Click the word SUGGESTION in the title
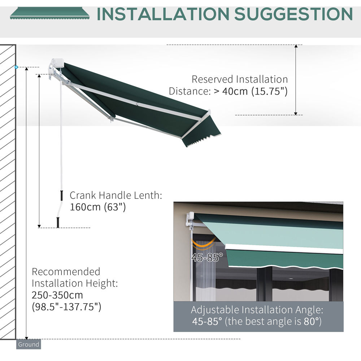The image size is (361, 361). click(x=293, y=14)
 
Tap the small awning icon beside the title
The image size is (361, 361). click(x=50, y=13)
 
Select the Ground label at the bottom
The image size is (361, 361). click(x=29, y=344)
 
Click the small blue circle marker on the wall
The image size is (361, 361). click(x=16, y=67)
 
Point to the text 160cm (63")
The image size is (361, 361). click(x=98, y=207)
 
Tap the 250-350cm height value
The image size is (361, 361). click(x=57, y=295)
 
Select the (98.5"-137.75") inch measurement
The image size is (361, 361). click(x=66, y=307)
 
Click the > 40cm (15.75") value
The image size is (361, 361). click(x=251, y=91)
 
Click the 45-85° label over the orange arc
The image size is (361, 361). click(x=207, y=257)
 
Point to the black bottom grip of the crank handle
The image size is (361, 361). click(x=58, y=222)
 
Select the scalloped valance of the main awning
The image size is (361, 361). click(x=201, y=132)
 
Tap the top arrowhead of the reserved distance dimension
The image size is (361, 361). click(x=296, y=46)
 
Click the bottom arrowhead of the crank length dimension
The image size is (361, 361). click(x=39, y=226)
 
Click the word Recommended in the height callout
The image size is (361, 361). click(x=66, y=272)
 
